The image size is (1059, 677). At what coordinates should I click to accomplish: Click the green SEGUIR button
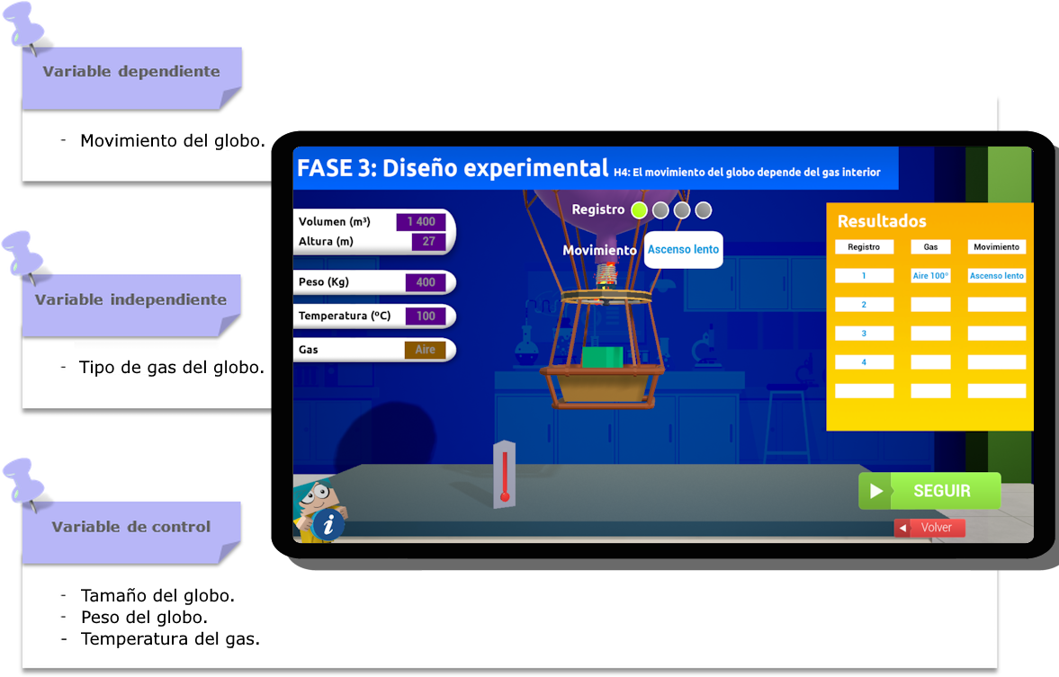coord(929,491)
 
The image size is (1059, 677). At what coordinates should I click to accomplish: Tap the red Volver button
coord(929,528)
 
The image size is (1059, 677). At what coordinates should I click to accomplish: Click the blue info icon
coord(328,524)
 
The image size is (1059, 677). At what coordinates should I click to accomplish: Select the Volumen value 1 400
coord(420,222)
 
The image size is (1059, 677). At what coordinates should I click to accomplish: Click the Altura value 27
coord(428,242)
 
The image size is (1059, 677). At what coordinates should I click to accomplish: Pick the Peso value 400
coord(426,282)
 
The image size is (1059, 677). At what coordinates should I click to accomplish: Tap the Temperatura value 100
coord(426,316)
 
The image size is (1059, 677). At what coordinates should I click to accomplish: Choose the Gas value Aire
coord(425,350)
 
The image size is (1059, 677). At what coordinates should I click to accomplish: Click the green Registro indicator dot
coord(639,210)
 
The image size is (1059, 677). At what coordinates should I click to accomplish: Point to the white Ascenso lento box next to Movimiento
coord(683,249)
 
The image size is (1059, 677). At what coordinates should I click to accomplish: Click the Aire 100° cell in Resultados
coord(930,276)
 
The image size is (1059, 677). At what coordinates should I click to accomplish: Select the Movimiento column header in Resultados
coord(996,247)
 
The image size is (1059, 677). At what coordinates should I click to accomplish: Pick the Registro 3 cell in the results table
coord(864,334)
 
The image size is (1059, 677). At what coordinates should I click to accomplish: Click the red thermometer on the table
coord(505,475)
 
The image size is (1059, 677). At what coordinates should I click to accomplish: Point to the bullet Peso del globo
coord(144,618)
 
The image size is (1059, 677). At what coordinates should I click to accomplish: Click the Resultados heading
coord(882,221)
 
